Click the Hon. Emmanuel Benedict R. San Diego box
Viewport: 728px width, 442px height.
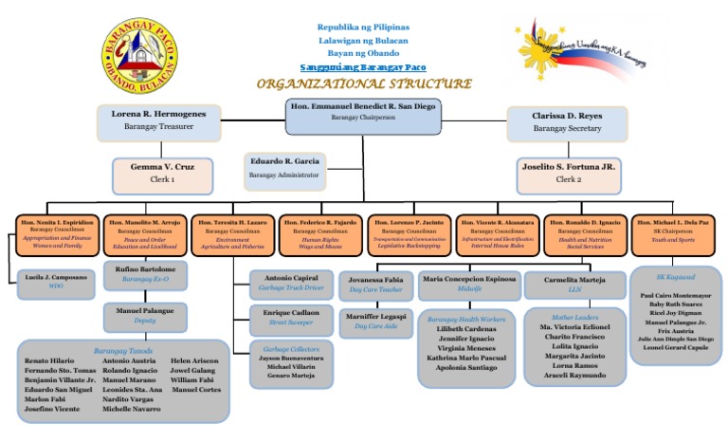point(362,113)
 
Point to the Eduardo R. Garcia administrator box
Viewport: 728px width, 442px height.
point(284,167)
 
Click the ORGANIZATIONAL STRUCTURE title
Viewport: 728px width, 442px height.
point(363,83)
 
